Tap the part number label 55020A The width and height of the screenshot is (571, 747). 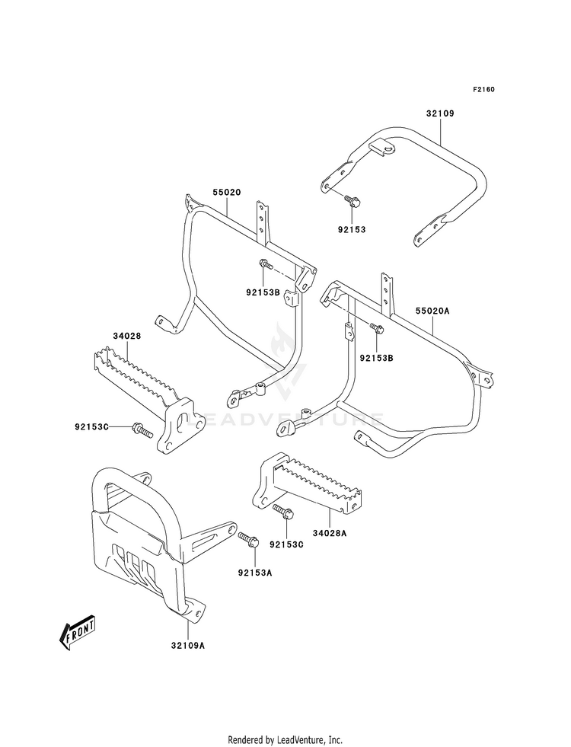(x=432, y=311)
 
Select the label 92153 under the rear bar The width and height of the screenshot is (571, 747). (x=352, y=229)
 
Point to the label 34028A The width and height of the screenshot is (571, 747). (x=329, y=533)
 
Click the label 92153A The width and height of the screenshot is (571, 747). (x=255, y=573)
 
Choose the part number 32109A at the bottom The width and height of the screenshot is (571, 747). (x=188, y=646)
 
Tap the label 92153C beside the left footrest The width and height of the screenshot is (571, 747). (x=91, y=426)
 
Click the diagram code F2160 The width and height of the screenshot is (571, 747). (x=483, y=89)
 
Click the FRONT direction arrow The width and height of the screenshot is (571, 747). (x=76, y=633)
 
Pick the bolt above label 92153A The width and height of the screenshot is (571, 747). (x=249, y=539)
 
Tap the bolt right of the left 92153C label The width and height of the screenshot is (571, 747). (x=142, y=429)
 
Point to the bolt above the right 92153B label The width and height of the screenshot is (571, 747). (x=377, y=327)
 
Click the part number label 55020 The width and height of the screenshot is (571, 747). (x=227, y=193)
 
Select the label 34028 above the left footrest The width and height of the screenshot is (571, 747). (x=126, y=335)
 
